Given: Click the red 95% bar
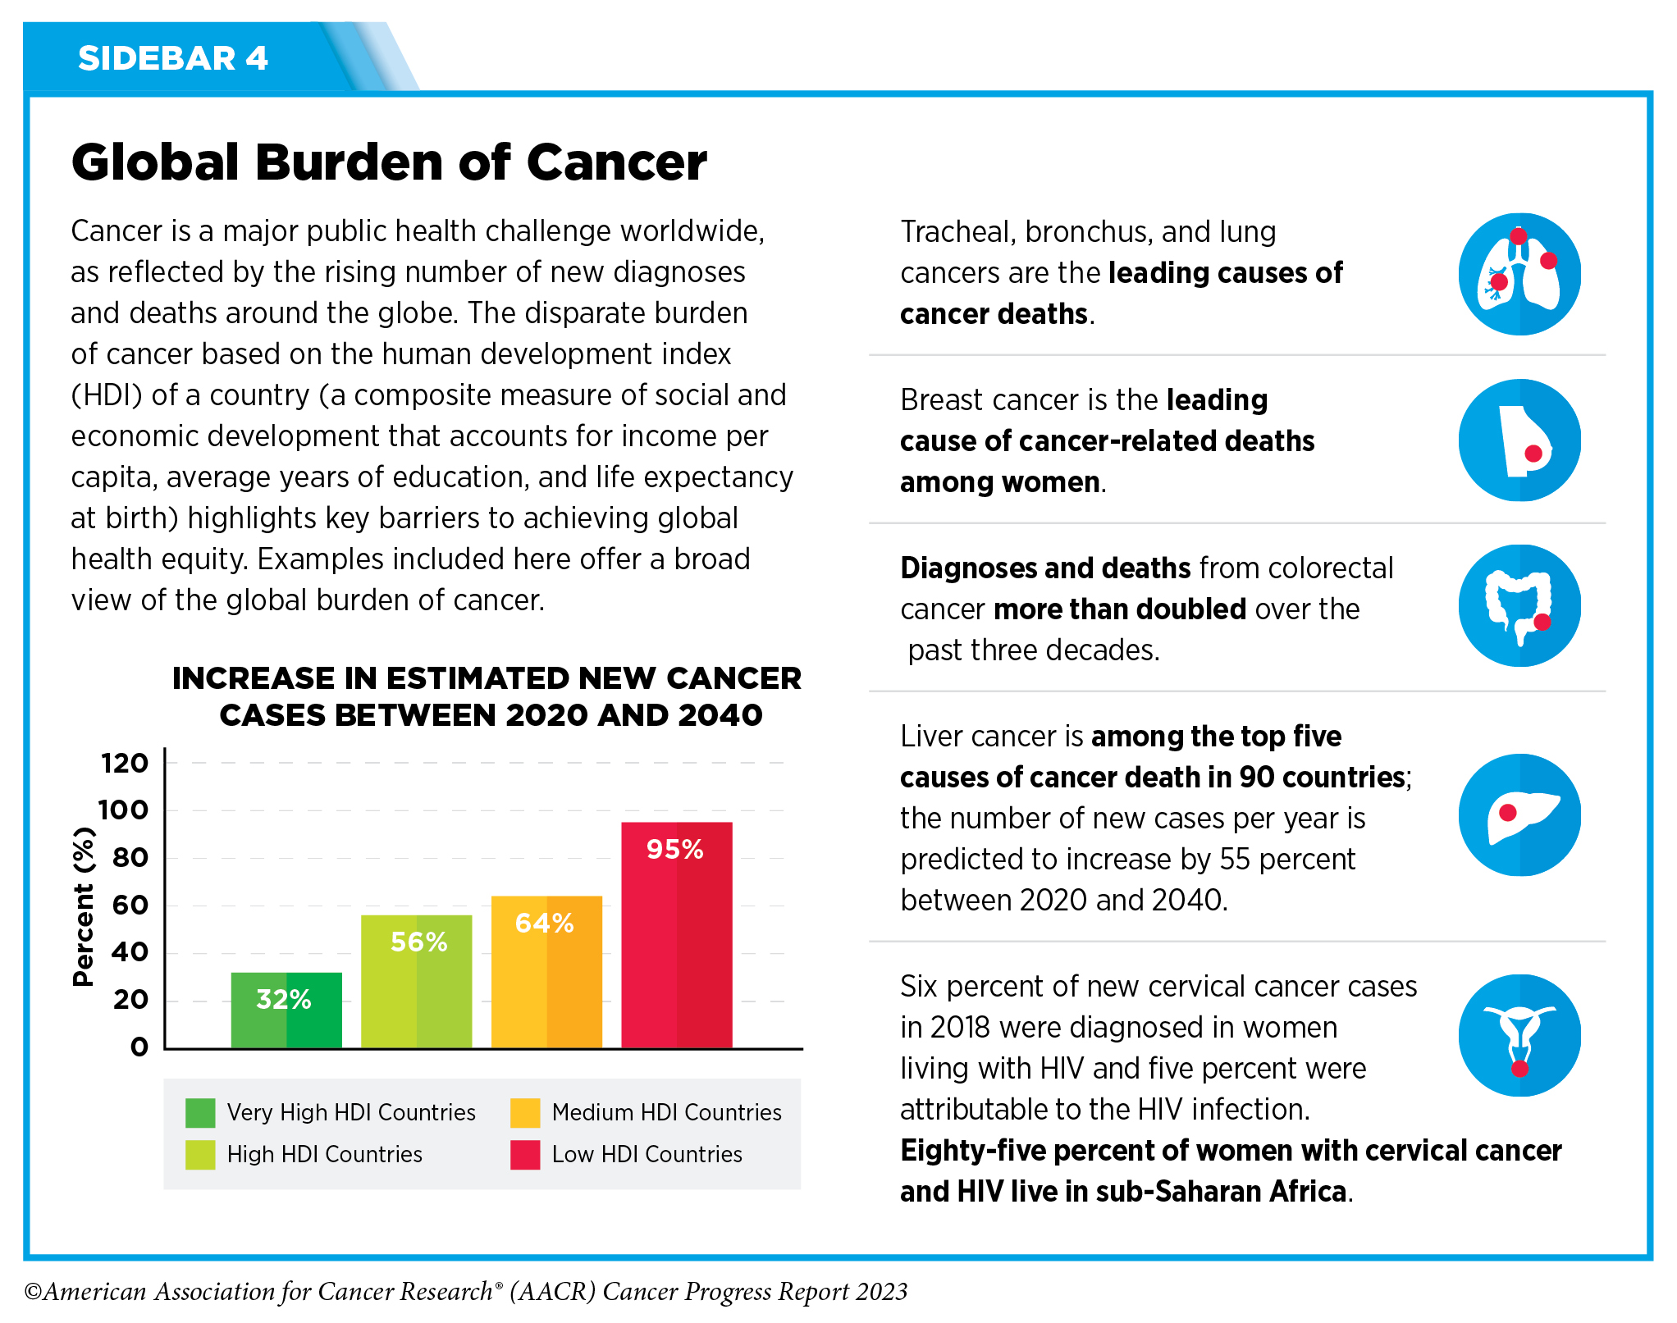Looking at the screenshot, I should pos(676,935).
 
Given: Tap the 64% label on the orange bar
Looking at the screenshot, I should pos(544,924).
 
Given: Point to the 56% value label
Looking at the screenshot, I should pos(418,942).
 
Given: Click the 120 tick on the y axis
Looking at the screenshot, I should pos(125,764).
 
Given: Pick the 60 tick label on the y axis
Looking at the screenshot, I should pos(130,906).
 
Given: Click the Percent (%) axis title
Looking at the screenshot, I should pos(84,906).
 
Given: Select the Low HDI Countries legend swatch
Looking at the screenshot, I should pos(525,1155).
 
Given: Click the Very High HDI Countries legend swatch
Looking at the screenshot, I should pos(200,1113).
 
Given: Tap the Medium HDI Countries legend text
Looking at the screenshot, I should pos(666,1113).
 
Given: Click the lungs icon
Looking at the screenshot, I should pos(1519,274).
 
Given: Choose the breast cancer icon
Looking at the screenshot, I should pos(1519,440).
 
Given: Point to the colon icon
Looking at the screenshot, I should pos(1519,606).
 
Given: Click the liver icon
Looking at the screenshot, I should pos(1519,815).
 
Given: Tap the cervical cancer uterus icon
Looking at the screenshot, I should pos(1519,1036).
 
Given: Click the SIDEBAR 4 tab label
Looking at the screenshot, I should pos(173,59).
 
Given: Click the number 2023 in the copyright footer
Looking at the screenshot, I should pos(881,1293).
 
